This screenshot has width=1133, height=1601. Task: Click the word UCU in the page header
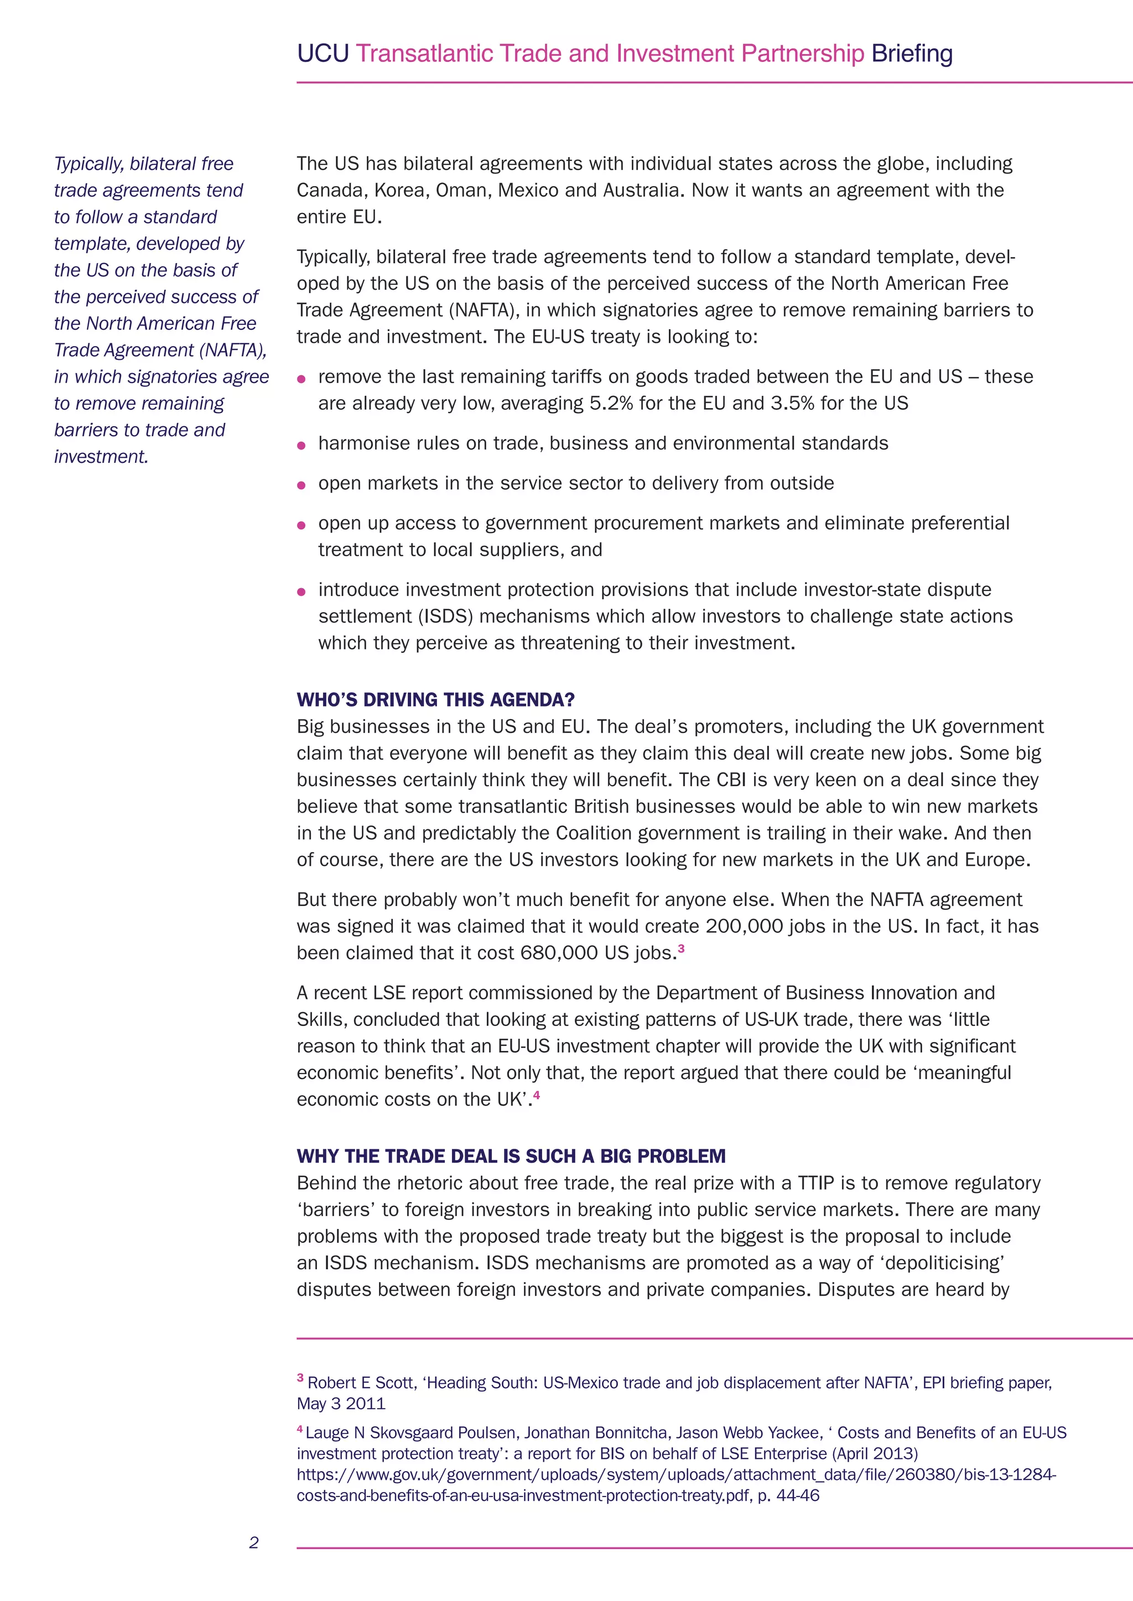point(323,54)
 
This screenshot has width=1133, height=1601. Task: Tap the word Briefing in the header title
point(912,54)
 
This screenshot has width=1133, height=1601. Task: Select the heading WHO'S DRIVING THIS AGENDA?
point(435,699)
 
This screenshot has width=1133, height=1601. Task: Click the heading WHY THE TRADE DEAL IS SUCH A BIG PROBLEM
point(511,1156)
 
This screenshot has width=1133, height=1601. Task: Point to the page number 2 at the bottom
point(254,1542)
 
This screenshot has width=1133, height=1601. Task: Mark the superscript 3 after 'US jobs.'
point(681,948)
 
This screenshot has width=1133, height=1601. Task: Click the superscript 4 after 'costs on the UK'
point(537,1095)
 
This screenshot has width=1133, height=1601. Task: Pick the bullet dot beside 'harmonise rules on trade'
point(302,446)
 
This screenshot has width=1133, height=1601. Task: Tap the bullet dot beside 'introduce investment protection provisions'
point(302,592)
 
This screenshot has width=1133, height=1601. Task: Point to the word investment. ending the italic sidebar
point(101,457)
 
